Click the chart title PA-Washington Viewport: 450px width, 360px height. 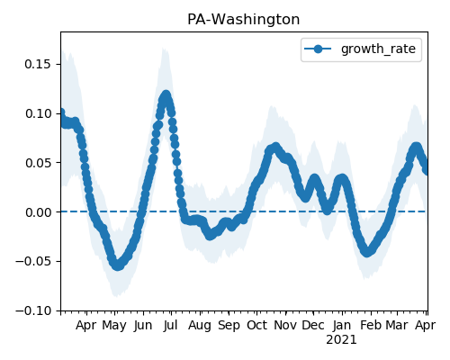pyautogui.click(x=243, y=20)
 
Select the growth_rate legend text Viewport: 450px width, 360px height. pyautogui.click(x=378, y=49)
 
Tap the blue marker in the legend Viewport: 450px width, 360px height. pyautogui.click(x=318, y=49)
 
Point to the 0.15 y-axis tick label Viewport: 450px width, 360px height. pyautogui.click(x=38, y=64)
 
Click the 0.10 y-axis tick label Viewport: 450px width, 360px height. pyautogui.click(x=38, y=113)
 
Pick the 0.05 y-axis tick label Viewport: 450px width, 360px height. pyautogui.click(x=38, y=163)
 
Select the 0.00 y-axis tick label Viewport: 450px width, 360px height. pyautogui.click(x=38, y=212)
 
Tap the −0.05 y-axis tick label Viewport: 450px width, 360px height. pyautogui.click(x=33, y=261)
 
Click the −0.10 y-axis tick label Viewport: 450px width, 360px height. pyautogui.click(x=33, y=310)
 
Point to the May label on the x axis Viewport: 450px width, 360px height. pyautogui.click(x=114, y=326)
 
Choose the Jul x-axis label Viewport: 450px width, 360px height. pyautogui.click(x=171, y=325)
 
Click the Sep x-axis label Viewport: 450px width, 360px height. pyautogui.click(x=229, y=326)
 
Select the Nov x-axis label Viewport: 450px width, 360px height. pyautogui.click(x=285, y=325)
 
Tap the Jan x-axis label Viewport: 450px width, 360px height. pyautogui.click(x=342, y=325)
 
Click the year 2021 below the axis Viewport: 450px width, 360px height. pyautogui.click(x=342, y=340)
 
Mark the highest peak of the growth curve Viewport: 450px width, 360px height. pyautogui.click(x=166, y=95)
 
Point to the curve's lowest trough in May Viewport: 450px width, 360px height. pyautogui.click(x=117, y=265)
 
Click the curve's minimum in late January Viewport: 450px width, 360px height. pyautogui.click(x=367, y=252)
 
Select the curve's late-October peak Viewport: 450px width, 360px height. pyautogui.click(x=275, y=147)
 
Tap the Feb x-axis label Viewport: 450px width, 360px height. pyautogui.click(x=371, y=325)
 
